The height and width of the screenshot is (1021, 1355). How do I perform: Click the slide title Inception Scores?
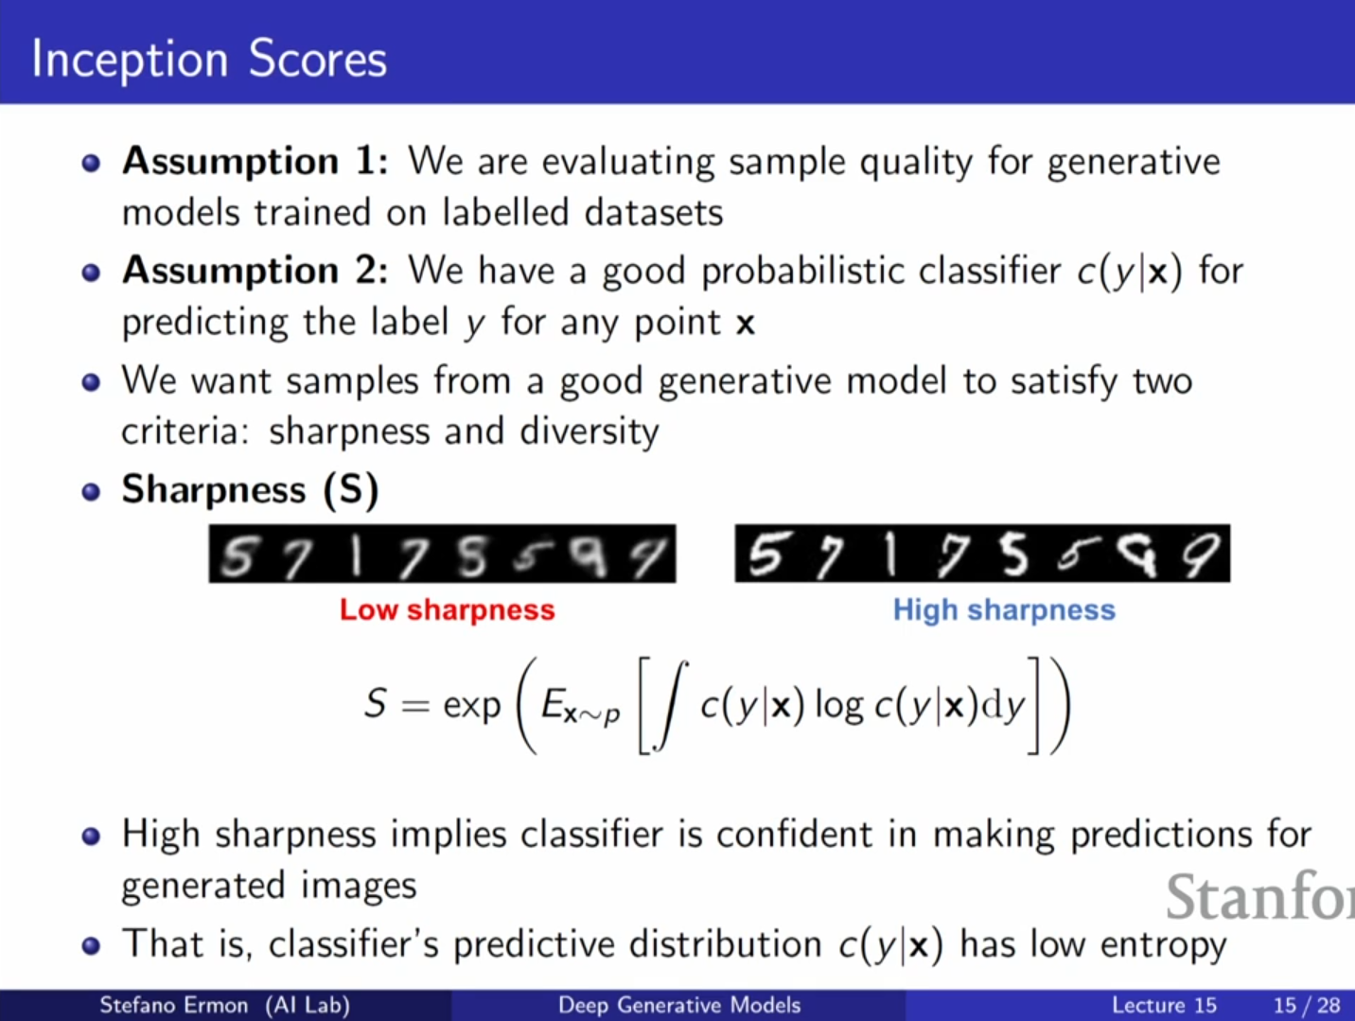tap(209, 60)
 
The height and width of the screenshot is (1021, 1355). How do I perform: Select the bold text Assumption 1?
tap(255, 163)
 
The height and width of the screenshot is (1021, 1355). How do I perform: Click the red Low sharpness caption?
tap(447, 610)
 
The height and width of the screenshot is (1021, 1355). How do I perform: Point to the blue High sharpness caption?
tap(1004, 610)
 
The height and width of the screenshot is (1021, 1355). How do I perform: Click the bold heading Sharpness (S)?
tap(250, 491)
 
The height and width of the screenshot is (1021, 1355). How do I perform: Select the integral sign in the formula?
tap(671, 706)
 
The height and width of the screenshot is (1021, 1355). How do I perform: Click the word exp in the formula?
tap(471, 707)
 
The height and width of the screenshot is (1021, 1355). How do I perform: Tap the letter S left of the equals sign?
tap(376, 703)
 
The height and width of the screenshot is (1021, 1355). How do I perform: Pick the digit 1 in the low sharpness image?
tap(356, 555)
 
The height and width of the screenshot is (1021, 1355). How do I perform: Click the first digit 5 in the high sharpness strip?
tap(765, 554)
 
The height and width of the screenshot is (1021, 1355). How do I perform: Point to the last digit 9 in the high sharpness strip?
tap(1202, 555)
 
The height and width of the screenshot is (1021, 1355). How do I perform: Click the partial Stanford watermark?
tap(1260, 896)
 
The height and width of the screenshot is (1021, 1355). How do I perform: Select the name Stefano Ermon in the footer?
tap(173, 1005)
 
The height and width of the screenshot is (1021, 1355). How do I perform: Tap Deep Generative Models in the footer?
tap(679, 1005)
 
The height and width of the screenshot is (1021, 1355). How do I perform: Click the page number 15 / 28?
tap(1307, 1005)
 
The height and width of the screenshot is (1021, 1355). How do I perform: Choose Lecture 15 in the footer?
tap(1164, 1005)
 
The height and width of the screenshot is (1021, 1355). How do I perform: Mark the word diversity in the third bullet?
tap(590, 431)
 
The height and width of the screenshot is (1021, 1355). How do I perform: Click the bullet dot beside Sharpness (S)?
tap(91, 492)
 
